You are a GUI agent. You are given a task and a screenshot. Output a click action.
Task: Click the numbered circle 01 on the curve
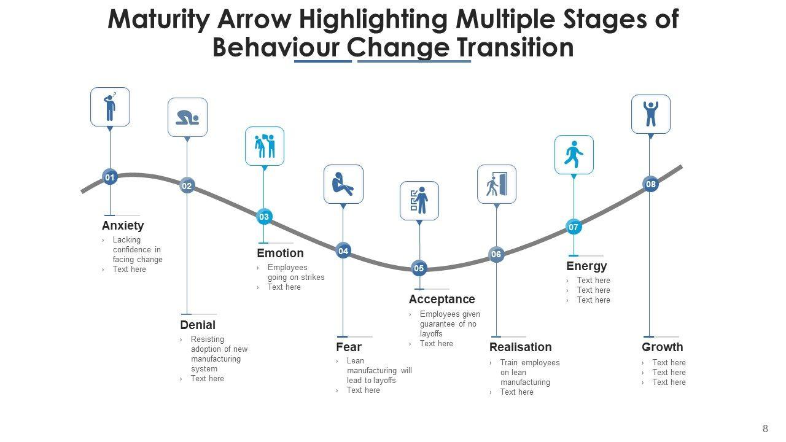tap(110, 177)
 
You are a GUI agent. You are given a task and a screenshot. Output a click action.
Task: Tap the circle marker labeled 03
tap(264, 217)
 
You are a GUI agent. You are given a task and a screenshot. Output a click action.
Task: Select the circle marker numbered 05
tap(419, 268)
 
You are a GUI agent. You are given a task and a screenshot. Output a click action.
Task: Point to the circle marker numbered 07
tap(574, 227)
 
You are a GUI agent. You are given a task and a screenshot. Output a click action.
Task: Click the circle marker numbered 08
tap(651, 184)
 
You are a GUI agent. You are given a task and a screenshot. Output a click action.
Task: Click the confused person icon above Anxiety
tap(110, 107)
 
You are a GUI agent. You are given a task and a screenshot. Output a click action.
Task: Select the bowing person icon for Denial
tap(187, 117)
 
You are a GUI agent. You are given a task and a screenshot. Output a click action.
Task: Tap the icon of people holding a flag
tap(265, 146)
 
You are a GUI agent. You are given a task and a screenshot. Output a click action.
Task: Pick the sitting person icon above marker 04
tap(343, 184)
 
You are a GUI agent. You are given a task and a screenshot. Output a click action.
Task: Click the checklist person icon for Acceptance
tap(419, 201)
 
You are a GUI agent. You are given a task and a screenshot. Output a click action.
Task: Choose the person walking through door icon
tap(497, 184)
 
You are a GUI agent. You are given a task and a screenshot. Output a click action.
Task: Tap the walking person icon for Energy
tap(574, 155)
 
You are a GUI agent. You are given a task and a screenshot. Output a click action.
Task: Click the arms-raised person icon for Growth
tap(651, 114)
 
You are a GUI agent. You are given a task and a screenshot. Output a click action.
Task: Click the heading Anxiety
tap(123, 225)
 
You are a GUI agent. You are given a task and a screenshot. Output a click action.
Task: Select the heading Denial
tap(198, 325)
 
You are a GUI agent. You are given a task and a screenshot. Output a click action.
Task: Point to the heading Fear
tap(349, 347)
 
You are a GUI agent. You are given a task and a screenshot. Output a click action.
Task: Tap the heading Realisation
tap(520, 347)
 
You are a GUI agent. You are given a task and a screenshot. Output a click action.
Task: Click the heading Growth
tap(663, 347)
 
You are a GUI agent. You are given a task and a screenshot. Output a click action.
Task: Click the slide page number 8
tap(765, 428)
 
